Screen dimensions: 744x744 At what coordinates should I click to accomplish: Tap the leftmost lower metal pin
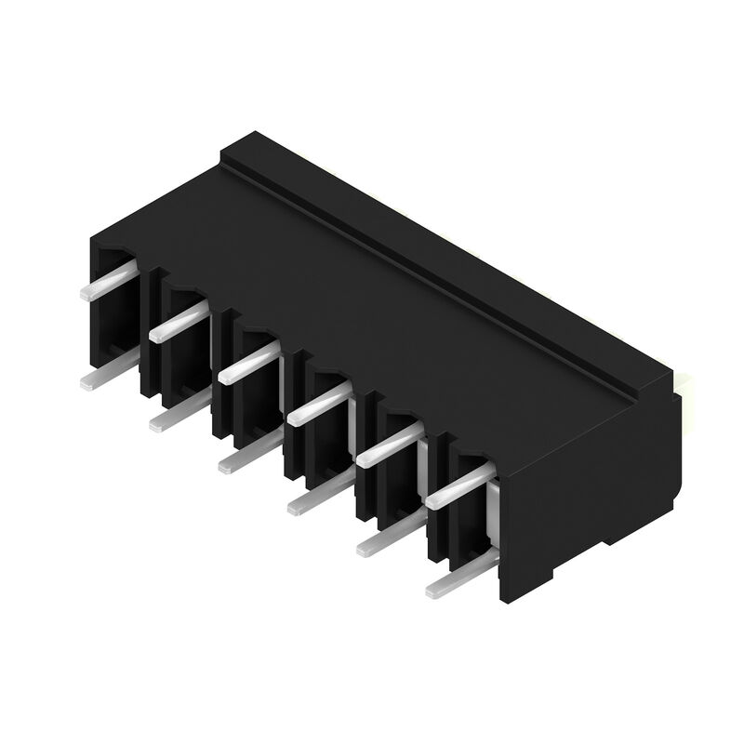point(107,374)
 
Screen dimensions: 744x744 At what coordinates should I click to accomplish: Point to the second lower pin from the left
point(179,415)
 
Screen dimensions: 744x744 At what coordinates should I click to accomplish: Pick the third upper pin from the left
point(247,363)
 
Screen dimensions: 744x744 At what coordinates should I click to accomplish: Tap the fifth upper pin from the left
point(388,445)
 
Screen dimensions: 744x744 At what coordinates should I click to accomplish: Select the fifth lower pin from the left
point(389,537)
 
